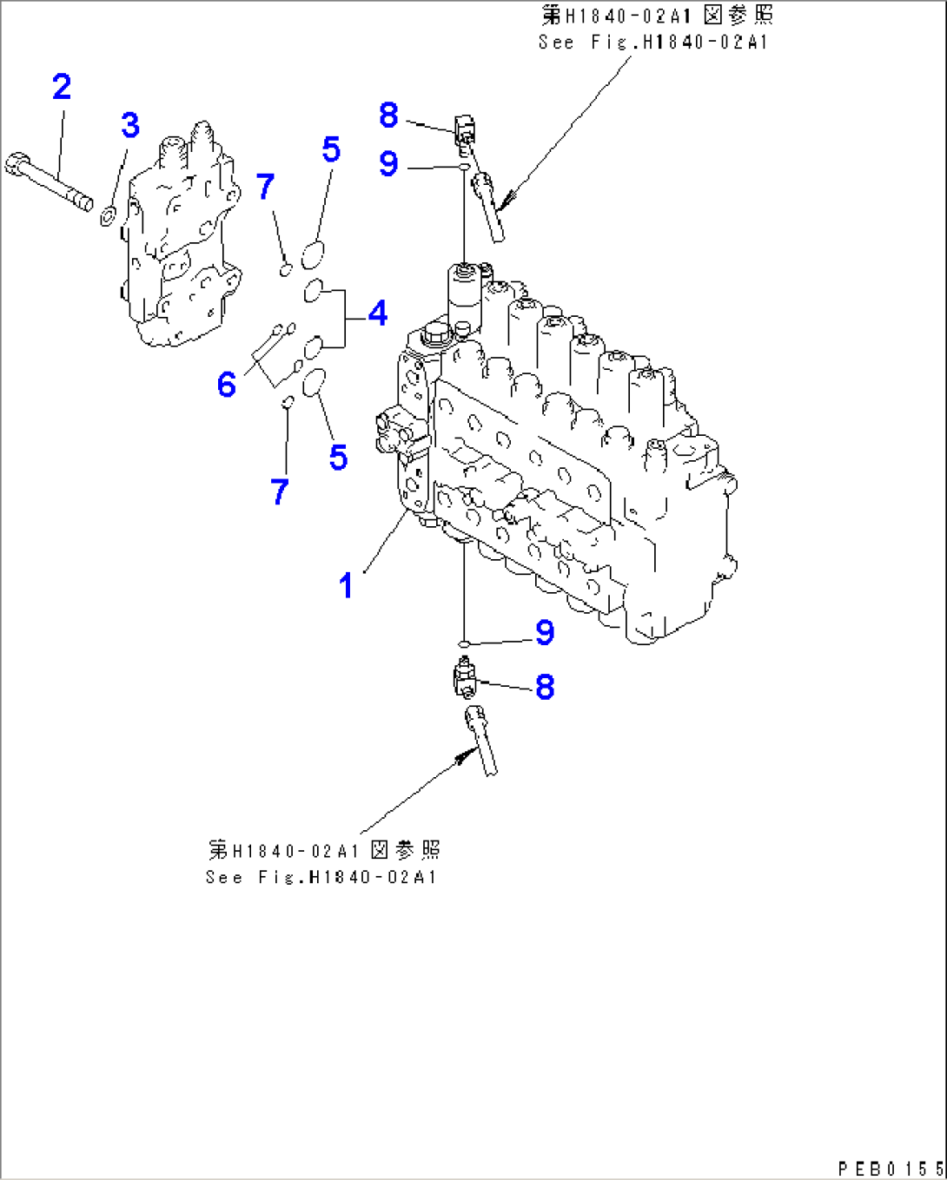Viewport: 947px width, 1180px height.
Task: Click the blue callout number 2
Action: point(62,87)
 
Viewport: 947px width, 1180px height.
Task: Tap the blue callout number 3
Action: point(130,125)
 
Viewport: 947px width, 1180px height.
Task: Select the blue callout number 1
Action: point(346,586)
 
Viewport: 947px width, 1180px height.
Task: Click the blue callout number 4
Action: point(377,313)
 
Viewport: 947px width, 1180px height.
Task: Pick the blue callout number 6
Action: point(227,384)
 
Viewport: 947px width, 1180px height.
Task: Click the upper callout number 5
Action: point(331,149)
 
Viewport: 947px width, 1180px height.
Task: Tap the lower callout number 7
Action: point(279,492)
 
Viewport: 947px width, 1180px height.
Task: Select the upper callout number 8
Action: point(388,115)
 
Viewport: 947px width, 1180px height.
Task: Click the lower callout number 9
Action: point(545,632)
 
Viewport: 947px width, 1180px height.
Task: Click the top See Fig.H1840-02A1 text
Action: point(653,41)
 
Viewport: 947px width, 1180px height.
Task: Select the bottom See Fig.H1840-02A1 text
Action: point(321,876)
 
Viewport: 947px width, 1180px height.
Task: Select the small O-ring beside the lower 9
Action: point(465,643)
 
